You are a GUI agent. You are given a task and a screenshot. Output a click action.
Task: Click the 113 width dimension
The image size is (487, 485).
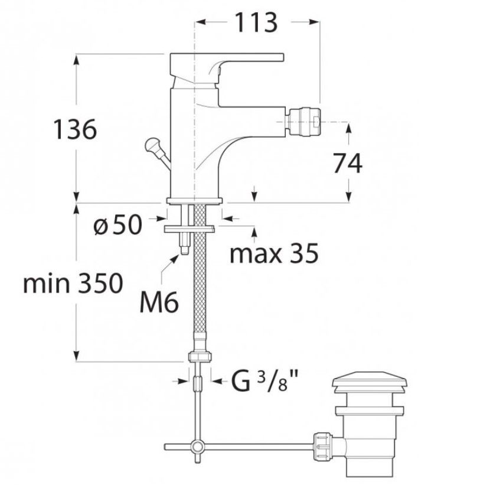256,22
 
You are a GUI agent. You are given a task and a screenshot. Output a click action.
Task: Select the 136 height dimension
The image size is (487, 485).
75,129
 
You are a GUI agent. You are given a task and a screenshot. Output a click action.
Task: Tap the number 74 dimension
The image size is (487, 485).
348,164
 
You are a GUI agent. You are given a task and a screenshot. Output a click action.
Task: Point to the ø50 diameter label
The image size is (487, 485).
117,224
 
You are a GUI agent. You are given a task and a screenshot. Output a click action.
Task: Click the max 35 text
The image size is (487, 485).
274,253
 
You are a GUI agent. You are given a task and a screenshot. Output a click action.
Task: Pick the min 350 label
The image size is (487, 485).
73,283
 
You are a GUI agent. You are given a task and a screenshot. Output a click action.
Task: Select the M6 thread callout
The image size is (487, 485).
159,302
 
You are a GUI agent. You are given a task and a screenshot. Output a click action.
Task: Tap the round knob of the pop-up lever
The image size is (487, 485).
152,145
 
